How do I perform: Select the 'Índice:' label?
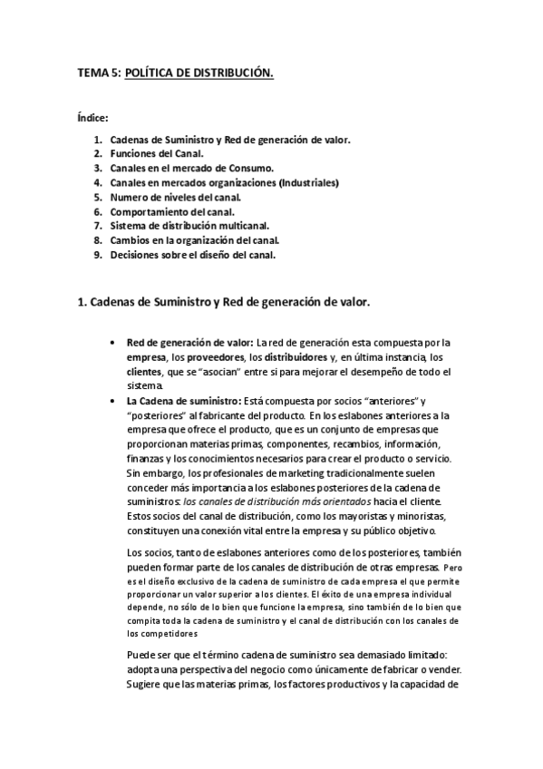(92, 118)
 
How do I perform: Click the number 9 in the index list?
(97, 255)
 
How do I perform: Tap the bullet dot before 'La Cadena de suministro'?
(111, 401)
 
